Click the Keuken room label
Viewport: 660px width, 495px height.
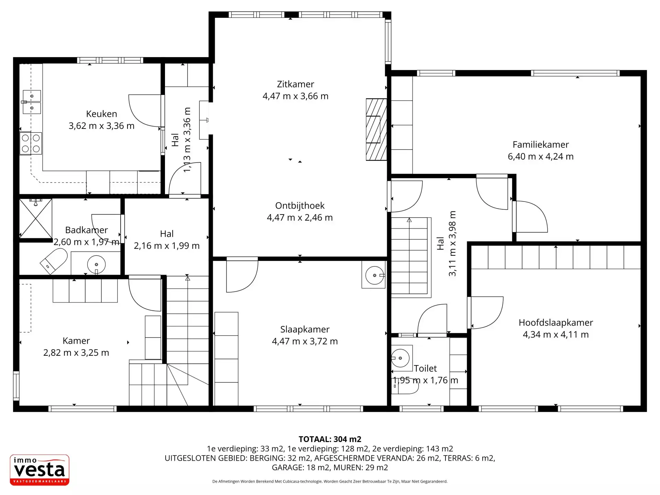(101, 114)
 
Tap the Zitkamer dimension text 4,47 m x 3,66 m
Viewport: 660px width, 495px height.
(296, 96)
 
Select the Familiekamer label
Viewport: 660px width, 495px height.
(541, 144)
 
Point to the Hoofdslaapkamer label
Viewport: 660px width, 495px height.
(556, 322)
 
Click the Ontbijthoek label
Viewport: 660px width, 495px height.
(300, 206)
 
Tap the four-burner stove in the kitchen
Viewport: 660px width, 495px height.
(31, 143)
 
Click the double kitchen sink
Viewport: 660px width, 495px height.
(32, 102)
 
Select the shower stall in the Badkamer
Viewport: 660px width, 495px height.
(36, 218)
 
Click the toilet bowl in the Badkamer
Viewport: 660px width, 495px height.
(54, 261)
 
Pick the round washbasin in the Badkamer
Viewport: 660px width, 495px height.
(96, 264)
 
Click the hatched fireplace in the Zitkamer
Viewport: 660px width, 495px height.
(376, 130)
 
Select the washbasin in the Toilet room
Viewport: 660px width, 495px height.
(400, 358)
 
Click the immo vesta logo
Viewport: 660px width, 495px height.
(40, 470)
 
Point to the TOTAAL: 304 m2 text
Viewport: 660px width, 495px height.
(330, 439)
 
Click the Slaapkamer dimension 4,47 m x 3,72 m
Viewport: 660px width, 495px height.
(305, 341)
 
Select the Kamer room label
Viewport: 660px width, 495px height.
(76, 341)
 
